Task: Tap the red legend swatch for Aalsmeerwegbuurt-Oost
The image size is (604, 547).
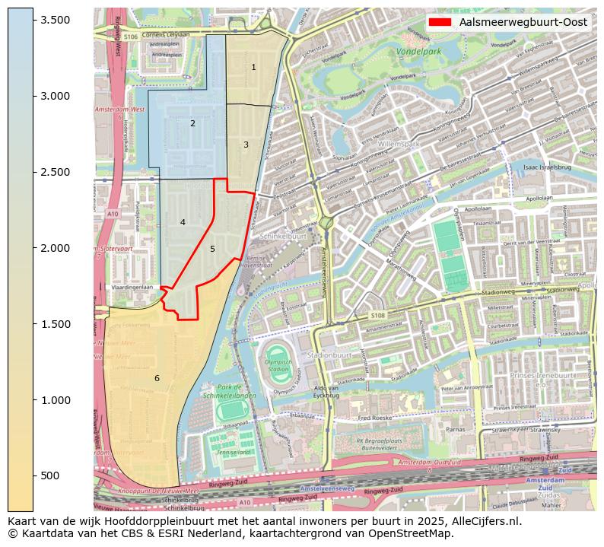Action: click(440, 22)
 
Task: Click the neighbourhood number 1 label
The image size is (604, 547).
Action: click(253, 68)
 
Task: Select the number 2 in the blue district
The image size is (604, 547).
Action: click(192, 123)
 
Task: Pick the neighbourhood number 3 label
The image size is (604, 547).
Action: click(246, 145)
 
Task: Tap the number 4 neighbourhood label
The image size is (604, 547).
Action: click(183, 222)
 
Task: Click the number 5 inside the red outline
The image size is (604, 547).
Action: click(212, 249)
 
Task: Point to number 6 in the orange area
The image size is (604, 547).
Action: click(157, 378)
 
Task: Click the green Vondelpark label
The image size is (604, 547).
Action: click(418, 52)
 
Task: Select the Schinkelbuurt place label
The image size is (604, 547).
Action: click(283, 237)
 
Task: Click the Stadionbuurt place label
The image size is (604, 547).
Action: click(328, 355)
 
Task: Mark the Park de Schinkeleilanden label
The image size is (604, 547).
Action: click(229, 392)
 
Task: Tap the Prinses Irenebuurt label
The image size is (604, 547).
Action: click(542, 377)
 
